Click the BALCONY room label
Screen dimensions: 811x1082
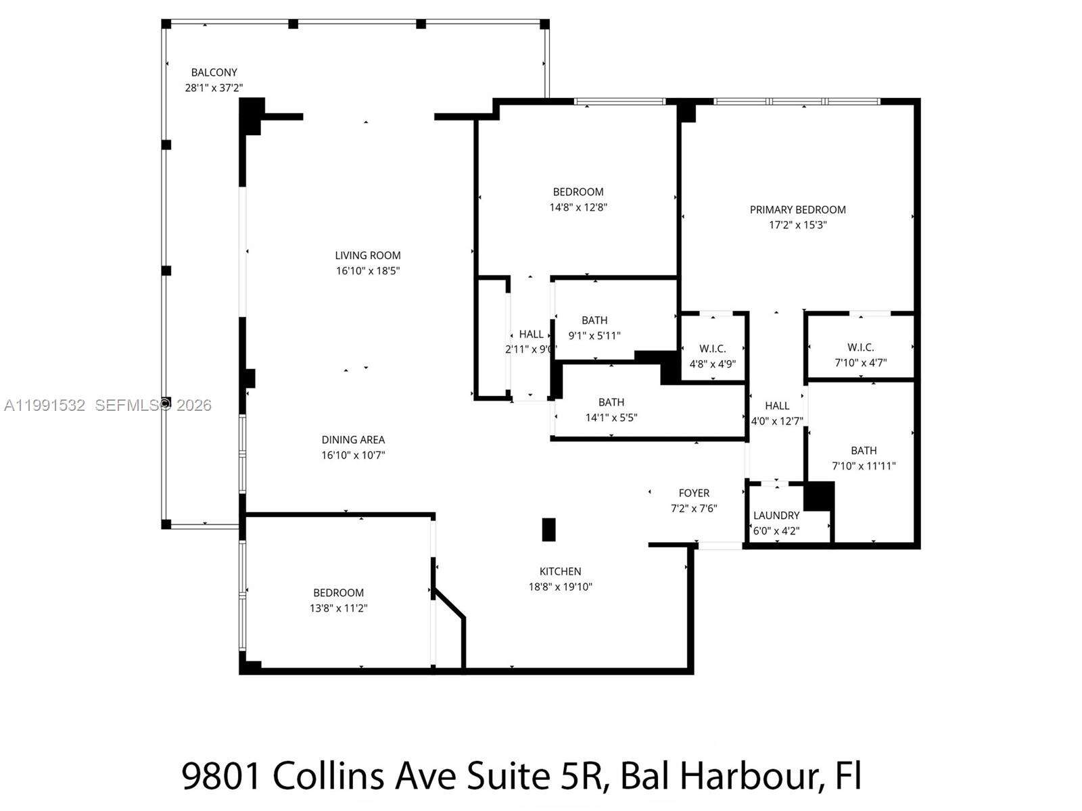pyautogui.click(x=214, y=72)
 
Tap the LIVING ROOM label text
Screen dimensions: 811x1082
pyautogui.click(x=368, y=255)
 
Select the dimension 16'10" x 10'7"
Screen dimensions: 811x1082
pyautogui.click(x=353, y=456)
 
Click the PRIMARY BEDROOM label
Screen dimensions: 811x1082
pyautogui.click(x=797, y=210)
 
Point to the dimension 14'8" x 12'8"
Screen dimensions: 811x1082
pyautogui.click(x=578, y=207)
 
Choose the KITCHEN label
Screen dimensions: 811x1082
pyautogui.click(x=560, y=571)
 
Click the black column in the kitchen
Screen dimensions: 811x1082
pyautogui.click(x=549, y=530)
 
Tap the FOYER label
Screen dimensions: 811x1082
pyautogui.click(x=694, y=493)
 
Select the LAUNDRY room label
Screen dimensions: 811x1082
pyautogui.click(x=776, y=516)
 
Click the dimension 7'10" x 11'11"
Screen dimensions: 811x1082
pyautogui.click(x=864, y=466)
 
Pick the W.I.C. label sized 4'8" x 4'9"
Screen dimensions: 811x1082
pyautogui.click(x=713, y=349)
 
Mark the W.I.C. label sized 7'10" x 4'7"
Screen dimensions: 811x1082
pyautogui.click(x=860, y=347)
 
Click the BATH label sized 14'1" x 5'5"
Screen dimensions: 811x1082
pyautogui.click(x=611, y=402)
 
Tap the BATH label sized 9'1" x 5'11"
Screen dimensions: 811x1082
pyautogui.click(x=594, y=320)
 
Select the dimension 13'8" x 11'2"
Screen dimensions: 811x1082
pyautogui.click(x=338, y=608)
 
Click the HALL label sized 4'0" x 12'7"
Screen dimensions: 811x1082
pyautogui.click(x=777, y=405)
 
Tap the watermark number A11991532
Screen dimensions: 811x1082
pyautogui.click(x=45, y=405)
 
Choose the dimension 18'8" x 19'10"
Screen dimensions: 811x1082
pyautogui.click(x=560, y=587)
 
